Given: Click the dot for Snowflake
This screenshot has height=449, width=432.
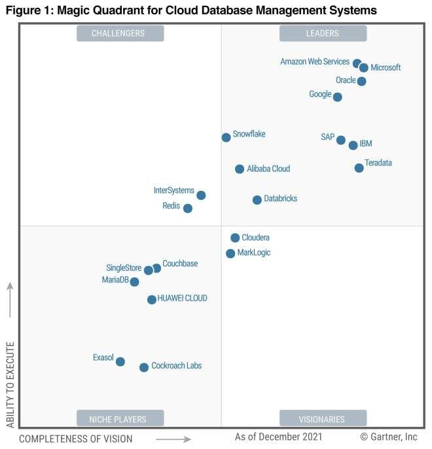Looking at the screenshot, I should [226, 137].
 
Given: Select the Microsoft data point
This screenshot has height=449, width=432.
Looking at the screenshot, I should [364, 67].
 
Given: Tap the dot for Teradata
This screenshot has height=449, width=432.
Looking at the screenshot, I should [359, 168].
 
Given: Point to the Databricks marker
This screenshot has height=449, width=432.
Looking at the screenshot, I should [257, 200].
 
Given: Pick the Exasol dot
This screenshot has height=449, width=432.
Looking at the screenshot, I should [120, 361].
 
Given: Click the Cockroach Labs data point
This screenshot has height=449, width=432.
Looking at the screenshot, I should [144, 367].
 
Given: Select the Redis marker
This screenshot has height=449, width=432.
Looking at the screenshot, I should [188, 208].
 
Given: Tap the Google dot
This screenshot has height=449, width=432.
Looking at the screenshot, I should [337, 97].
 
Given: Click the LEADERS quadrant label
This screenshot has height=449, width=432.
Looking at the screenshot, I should [323, 33].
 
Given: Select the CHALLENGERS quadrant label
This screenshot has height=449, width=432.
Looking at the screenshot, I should [120, 33].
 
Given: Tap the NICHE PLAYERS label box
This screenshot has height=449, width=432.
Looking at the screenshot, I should [120, 418].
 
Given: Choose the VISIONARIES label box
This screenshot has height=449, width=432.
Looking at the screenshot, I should [323, 418].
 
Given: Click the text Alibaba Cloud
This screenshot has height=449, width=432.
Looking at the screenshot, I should [268, 169].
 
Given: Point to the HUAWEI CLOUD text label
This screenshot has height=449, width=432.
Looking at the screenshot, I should [182, 298].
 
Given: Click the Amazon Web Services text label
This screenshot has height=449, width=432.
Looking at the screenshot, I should [315, 61].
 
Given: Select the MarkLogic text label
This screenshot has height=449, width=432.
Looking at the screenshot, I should [254, 252].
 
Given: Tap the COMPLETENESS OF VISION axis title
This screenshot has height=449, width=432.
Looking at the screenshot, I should [75, 439].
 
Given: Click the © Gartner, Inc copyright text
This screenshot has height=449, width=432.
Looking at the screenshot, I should [388, 436].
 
